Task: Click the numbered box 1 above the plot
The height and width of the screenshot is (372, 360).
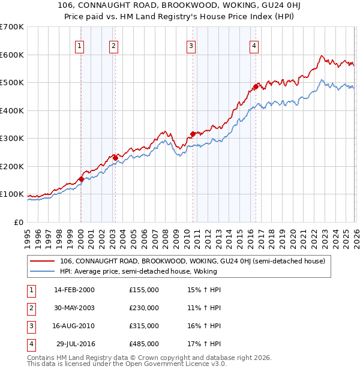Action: (x=80, y=46)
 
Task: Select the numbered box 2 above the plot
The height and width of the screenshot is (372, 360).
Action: (x=113, y=46)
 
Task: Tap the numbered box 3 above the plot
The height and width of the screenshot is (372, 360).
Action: (x=190, y=46)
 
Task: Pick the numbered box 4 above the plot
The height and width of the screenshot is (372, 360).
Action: (x=254, y=46)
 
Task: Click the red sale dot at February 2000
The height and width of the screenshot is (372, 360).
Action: (x=81, y=179)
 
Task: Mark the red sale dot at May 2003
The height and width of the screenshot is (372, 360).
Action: (x=115, y=158)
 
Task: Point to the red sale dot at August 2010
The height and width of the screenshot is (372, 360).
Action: (x=193, y=134)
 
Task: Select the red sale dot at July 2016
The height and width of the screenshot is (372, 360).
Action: (x=256, y=87)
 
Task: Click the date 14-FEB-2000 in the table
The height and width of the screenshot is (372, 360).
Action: (x=74, y=290)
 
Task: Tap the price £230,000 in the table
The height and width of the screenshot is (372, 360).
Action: (x=144, y=308)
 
